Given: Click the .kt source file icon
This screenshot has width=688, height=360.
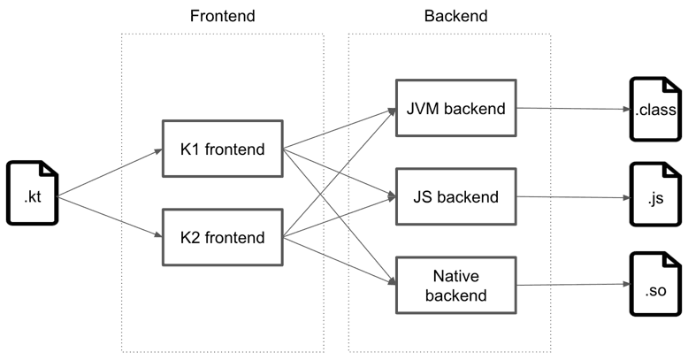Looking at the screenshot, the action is point(33,193).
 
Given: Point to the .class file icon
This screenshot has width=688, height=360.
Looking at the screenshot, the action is point(655,110).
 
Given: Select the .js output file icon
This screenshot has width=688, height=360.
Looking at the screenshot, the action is point(655,195).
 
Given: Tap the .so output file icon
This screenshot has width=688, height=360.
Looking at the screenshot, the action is point(655,284).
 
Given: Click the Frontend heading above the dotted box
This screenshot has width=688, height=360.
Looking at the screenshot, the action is point(223,16).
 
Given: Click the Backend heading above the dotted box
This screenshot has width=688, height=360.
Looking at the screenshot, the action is point(456,16).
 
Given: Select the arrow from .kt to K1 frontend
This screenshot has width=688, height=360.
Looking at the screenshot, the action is point(111,173).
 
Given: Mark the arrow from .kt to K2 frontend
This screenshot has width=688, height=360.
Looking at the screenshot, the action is point(111,218).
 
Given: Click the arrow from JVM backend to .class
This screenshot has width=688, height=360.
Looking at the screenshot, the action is point(573,109).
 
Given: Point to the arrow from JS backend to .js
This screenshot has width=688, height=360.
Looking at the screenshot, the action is point(573,197).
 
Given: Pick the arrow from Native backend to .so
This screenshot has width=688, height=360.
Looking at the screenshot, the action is point(573,285).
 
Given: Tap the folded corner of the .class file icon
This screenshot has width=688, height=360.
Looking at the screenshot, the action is point(673,86).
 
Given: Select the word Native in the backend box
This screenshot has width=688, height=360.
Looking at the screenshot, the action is point(456,276).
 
